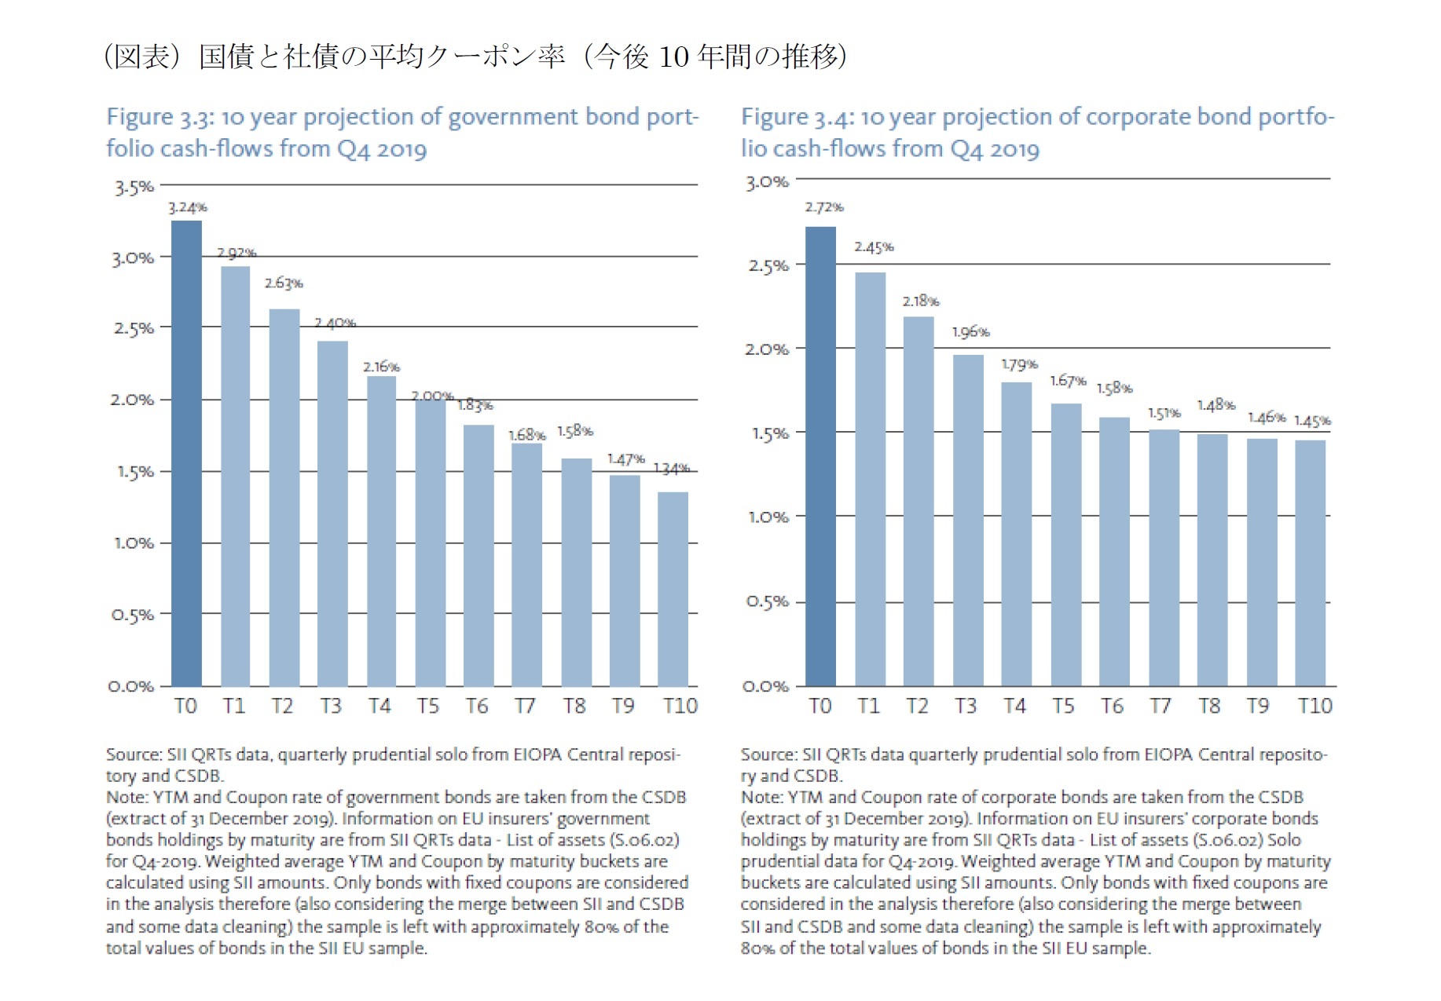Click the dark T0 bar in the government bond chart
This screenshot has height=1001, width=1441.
186,454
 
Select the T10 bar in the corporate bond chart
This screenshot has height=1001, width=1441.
1310,563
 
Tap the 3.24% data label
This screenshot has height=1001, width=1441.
187,207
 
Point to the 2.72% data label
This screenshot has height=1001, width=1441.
823,207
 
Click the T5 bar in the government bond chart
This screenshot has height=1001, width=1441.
430,542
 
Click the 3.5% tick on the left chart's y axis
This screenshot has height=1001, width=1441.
134,188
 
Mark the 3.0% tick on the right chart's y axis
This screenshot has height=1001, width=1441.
767,182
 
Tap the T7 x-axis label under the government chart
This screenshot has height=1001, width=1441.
525,706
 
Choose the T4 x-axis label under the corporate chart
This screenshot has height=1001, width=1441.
1014,706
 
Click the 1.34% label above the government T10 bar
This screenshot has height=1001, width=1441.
672,469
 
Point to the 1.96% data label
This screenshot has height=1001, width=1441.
970,332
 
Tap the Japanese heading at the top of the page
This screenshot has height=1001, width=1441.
475,57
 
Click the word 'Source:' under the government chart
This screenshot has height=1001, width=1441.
134,754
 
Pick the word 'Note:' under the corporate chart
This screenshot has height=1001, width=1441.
761,798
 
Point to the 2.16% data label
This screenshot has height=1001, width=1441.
381,367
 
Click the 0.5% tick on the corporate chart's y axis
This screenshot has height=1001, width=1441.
767,602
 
